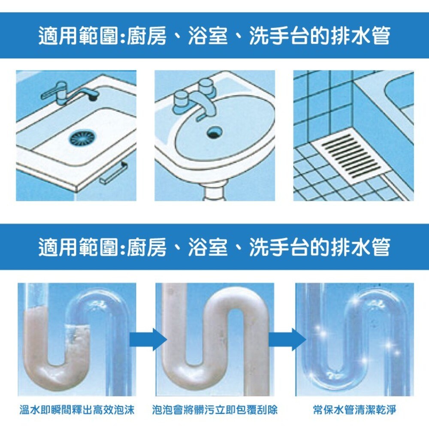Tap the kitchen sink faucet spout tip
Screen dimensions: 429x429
tap(94, 96)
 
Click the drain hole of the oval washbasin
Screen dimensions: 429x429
tap(215, 132)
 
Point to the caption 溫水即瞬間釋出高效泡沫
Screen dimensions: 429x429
tap(77, 410)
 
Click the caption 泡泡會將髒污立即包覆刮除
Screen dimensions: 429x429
tap(215, 410)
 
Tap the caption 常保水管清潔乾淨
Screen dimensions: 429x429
tap(355, 410)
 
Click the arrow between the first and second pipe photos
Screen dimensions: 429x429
tap(148, 340)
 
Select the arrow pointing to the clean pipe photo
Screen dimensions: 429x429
tap(287, 340)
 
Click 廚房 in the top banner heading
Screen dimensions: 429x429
tap(147, 36)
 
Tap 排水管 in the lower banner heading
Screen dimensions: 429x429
tap(360, 247)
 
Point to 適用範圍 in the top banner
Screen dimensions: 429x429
tap(78, 36)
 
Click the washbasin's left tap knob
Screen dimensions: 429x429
tap(181, 103)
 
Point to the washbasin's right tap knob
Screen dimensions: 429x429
tap(207, 88)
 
